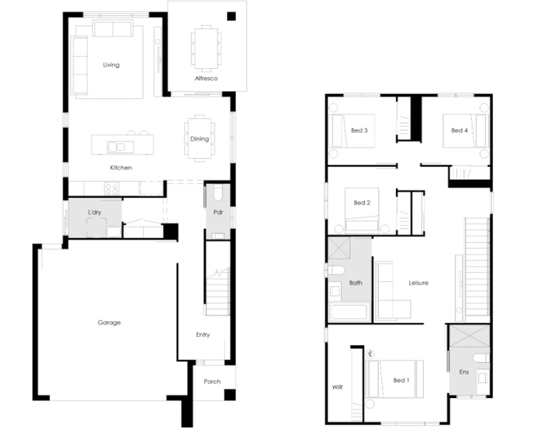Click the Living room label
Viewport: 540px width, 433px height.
(x=111, y=65)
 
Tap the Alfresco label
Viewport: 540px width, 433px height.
(x=206, y=79)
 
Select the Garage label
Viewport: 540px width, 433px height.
(x=109, y=322)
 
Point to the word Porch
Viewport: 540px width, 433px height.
(x=212, y=381)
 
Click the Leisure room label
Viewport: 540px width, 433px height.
(x=418, y=283)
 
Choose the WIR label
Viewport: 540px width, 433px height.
(x=337, y=387)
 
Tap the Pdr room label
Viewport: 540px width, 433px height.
(x=218, y=212)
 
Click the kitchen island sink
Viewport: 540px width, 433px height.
(x=116, y=147)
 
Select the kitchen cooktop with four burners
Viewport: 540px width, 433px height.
(x=111, y=189)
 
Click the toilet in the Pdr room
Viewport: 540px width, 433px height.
(x=219, y=194)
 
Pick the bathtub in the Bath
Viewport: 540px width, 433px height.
(x=349, y=312)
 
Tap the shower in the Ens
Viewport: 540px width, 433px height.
(x=470, y=336)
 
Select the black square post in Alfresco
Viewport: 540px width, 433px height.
(x=231, y=16)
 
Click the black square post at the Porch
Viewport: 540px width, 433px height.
(x=230, y=395)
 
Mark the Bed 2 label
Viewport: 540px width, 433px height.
(x=362, y=203)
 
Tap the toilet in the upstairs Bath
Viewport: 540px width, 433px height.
(x=335, y=270)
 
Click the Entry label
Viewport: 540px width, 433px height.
(x=202, y=334)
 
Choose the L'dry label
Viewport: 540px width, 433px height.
(x=95, y=212)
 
